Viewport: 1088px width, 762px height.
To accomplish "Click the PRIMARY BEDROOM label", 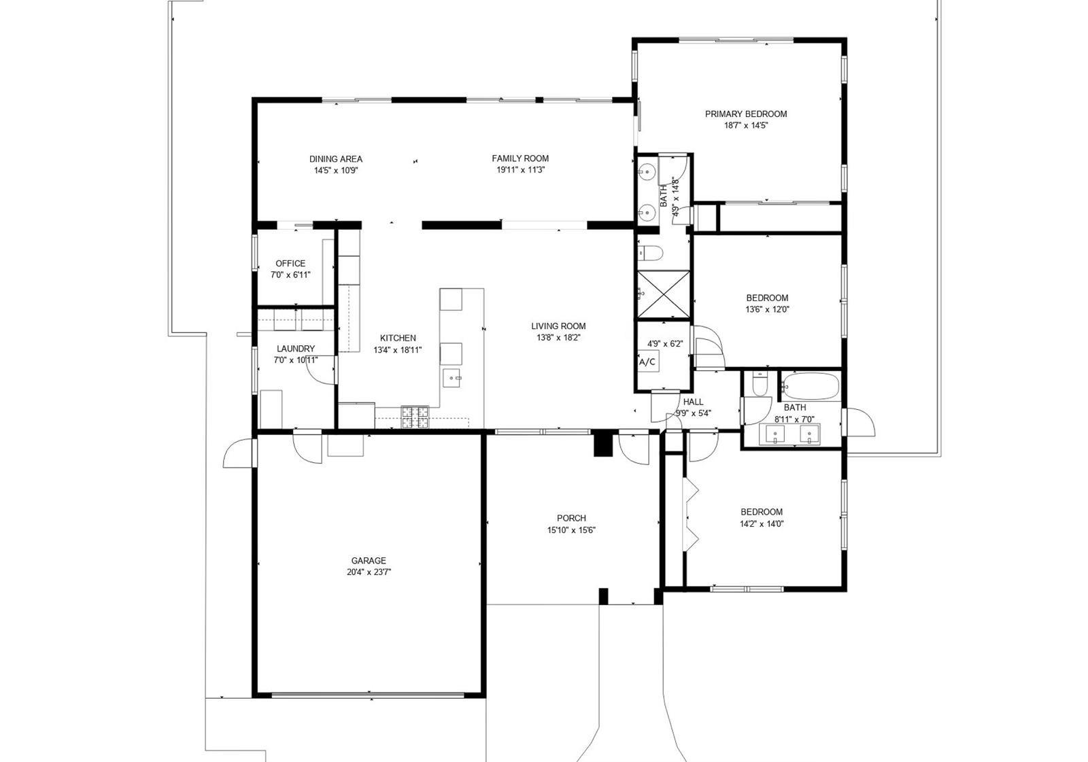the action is (745, 114).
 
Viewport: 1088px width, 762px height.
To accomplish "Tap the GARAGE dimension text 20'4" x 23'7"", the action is (369, 572).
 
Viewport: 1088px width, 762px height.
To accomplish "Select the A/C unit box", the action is (647, 362).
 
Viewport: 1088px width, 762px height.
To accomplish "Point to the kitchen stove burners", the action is (415, 417).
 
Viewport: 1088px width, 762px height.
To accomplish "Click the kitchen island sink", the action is (452, 378).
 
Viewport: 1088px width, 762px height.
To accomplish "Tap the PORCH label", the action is (571, 518).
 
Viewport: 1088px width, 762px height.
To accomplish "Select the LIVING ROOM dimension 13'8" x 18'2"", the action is (558, 338).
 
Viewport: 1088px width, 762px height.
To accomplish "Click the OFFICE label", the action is (290, 263).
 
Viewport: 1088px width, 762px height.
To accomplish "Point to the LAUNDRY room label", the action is (296, 349).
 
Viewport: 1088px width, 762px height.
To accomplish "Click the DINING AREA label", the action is (336, 159).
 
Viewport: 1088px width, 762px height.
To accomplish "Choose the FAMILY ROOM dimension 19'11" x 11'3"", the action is (520, 170).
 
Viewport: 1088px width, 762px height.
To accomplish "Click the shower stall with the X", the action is (664, 294).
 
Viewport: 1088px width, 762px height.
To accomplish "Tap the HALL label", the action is (693, 402).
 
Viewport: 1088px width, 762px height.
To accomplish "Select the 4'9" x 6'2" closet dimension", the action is (665, 344).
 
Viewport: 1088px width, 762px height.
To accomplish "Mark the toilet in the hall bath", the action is (758, 383).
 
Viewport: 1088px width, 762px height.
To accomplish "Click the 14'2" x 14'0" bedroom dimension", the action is (762, 523).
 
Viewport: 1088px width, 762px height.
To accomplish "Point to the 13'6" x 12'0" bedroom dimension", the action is (768, 309).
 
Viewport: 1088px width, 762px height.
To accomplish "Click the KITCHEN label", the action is (398, 338).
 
